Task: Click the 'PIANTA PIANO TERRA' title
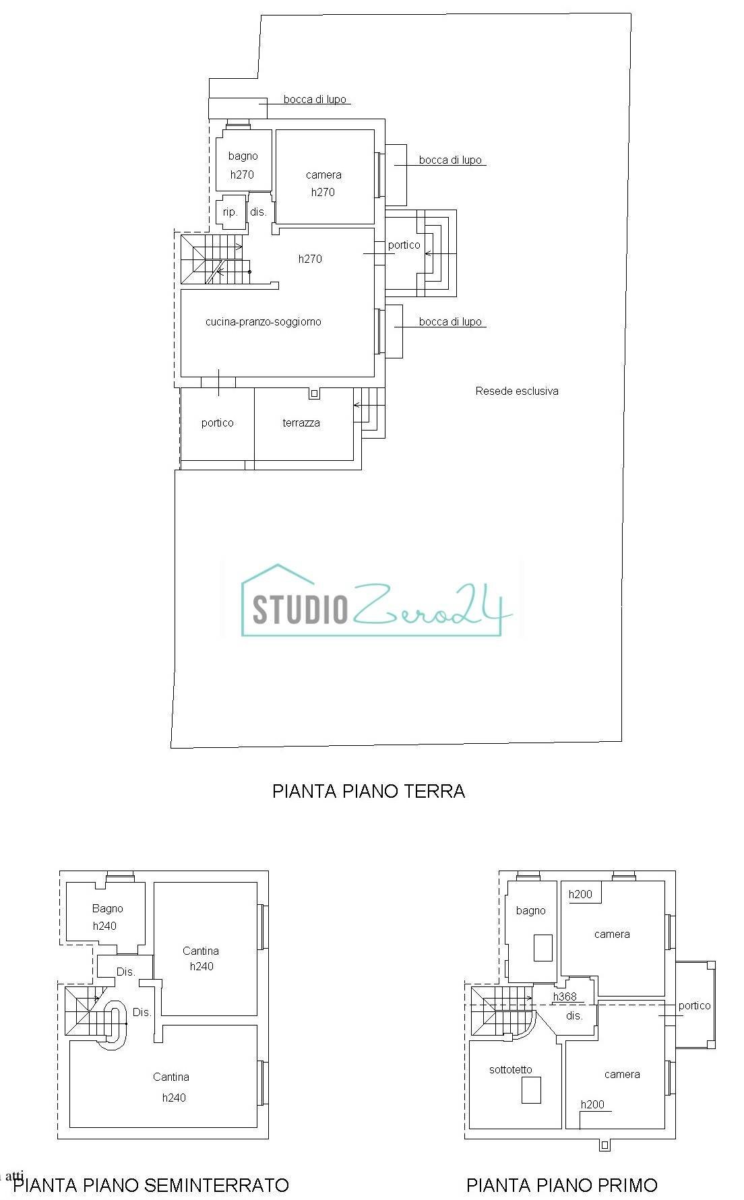click(368, 790)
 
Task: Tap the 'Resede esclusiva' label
click(516, 391)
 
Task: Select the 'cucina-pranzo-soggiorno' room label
click(263, 321)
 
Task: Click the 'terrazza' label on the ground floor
click(301, 423)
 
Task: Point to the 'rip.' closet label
click(230, 212)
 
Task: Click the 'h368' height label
click(565, 997)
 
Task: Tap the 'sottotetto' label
click(510, 1069)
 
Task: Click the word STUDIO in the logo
click(300, 608)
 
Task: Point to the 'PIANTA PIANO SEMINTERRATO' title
click(151, 1185)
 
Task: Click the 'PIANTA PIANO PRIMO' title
click(561, 1185)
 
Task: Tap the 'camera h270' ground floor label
click(323, 183)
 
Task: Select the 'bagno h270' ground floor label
click(243, 165)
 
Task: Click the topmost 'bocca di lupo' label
click(315, 100)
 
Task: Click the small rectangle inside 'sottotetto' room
click(531, 1090)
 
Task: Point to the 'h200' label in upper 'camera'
click(580, 895)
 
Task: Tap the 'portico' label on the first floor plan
click(694, 1006)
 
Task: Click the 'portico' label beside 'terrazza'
click(217, 423)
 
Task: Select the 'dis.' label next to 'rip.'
click(258, 212)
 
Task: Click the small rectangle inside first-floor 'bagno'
click(542, 947)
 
